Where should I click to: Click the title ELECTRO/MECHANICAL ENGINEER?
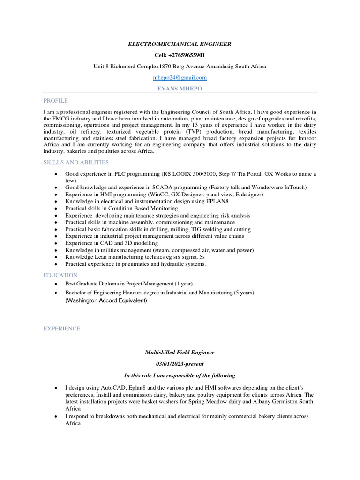(x=180, y=44)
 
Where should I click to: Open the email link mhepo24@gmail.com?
(x=180, y=77)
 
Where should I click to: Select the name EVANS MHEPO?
(x=180, y=89)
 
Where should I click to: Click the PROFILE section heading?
(x=55, y=101)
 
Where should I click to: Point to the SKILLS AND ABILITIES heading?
(x=76, y=162)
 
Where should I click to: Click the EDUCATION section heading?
(x=60, y=275)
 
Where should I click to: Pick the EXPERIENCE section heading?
(x=62, y=329)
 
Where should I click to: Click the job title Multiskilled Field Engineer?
(x=180, y=352)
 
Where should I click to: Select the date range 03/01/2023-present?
(x=180, y=364)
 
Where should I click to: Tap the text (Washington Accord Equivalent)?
(x=106, y=301)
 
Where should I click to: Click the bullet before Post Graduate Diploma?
(x=56, y=284)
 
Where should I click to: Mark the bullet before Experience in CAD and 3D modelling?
(x=56, y=243)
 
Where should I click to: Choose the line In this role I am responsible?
(x=180, y=375)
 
